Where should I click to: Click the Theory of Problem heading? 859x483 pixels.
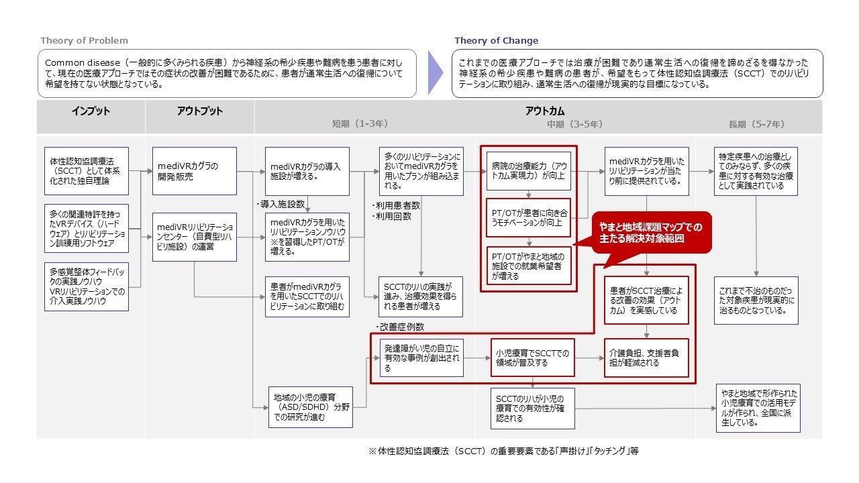84,41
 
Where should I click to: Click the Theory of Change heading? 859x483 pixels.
496,41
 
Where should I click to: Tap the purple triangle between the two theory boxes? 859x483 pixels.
436,72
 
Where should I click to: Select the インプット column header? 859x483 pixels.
91,111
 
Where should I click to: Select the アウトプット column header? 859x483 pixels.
199,111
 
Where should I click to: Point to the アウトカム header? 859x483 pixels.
544,111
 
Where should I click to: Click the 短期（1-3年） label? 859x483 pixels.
360,124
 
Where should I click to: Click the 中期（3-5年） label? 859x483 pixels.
574,124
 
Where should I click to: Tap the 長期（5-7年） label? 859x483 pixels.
756,124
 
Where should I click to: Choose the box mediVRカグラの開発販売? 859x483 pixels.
194,171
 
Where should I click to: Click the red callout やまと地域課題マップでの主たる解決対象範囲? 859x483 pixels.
651,232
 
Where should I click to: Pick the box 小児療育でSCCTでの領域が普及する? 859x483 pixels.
532,358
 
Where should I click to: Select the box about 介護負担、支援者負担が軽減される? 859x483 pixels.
646,358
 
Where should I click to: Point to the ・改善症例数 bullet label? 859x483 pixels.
400,327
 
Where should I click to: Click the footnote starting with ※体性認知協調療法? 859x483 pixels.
503,451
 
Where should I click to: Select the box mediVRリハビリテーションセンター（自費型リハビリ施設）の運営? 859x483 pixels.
194,237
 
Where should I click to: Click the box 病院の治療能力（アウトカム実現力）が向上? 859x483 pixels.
528,171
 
